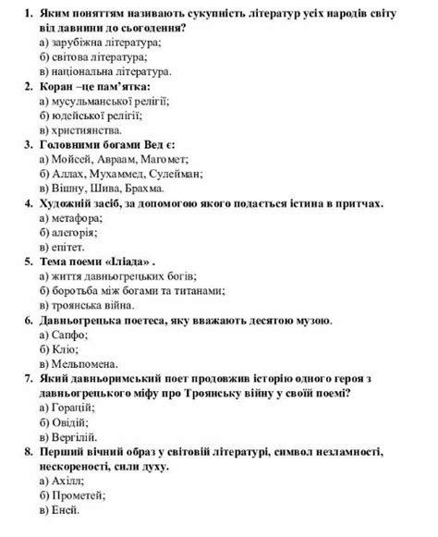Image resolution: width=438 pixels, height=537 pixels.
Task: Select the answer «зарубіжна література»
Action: (100, 43)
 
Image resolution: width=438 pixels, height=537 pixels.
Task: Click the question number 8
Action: (28, 451)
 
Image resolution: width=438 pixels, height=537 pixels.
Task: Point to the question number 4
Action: (28, 203)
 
